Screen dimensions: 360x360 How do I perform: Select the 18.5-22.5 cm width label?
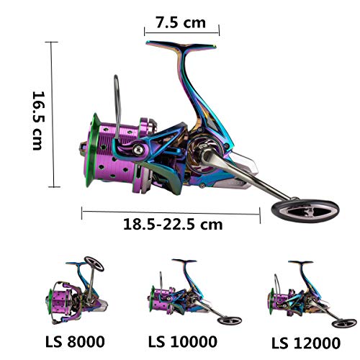[x=170, y=224]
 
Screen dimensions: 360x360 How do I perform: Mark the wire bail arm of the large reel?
[x=115, y=94]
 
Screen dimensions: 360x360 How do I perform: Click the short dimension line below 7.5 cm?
[x=181, y=32]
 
